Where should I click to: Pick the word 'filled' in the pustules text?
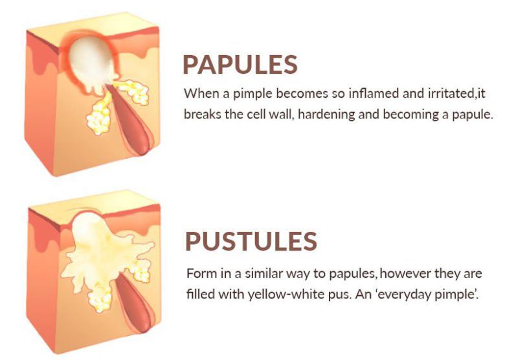click(x=198, y=293)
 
